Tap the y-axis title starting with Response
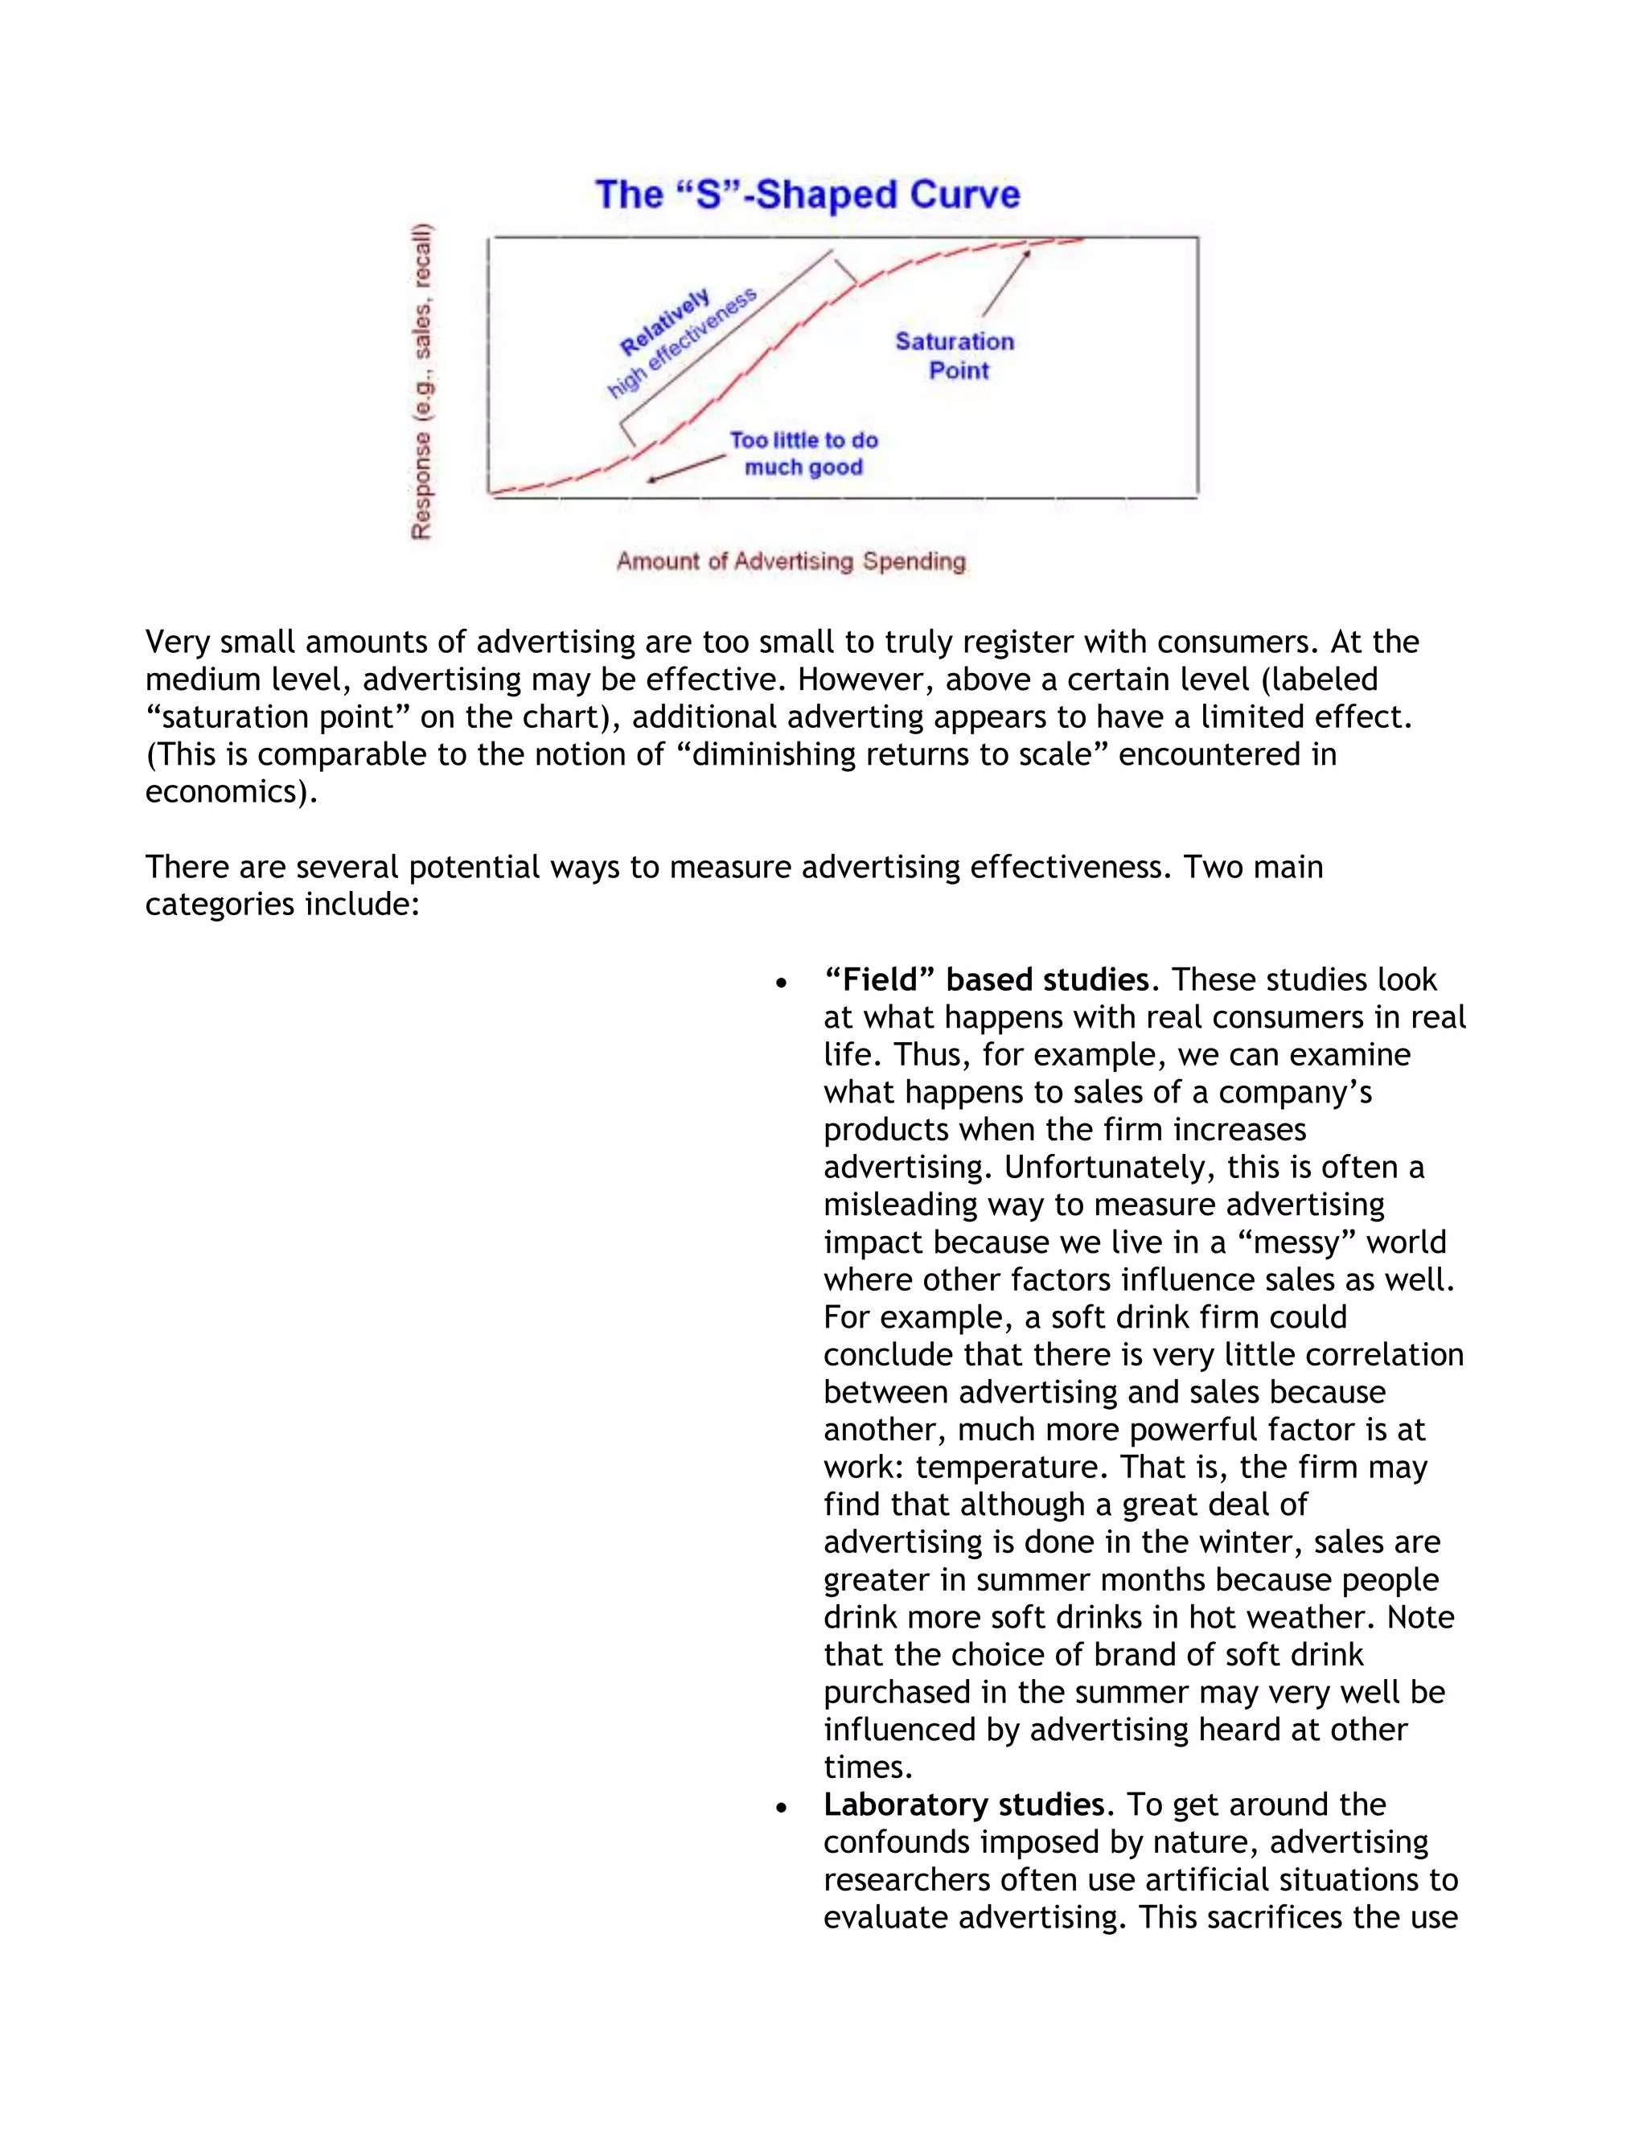421,380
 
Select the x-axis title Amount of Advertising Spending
791,561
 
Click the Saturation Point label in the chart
955,355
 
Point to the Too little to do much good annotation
804,454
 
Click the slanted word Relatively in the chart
665,322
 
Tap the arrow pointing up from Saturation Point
1007,283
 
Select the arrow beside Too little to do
686,468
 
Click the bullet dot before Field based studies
781,983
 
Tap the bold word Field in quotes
881,979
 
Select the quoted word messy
1295,1242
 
